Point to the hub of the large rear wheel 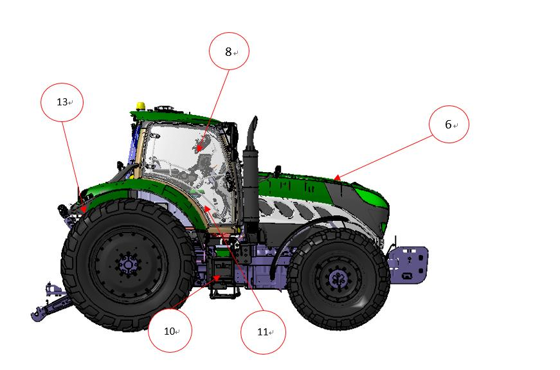pos(127,265)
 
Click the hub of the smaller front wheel pos(338,278)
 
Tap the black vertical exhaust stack pos(251,175)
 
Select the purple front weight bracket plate pos(408,265)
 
